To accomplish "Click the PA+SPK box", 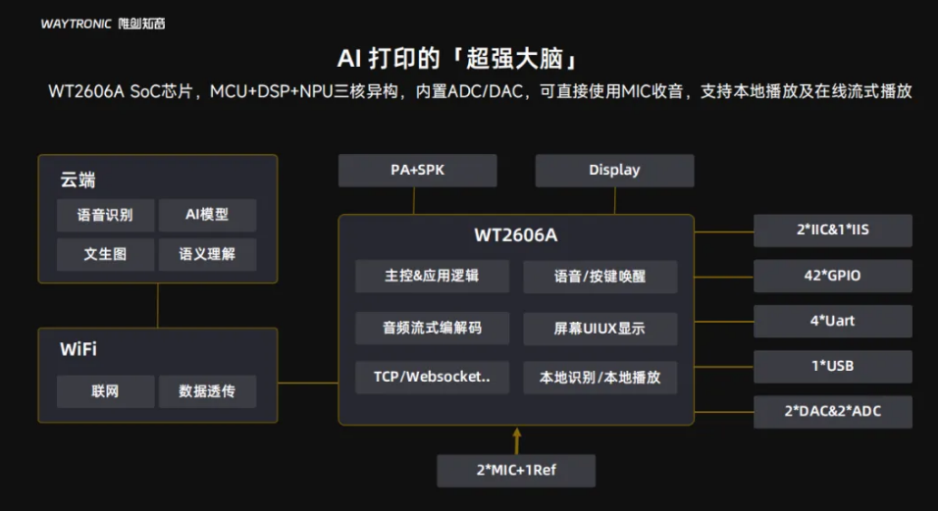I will point(417,171).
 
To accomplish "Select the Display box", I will point(614,171).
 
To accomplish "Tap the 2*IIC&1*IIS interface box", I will point(832,230).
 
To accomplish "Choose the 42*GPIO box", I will point(832,276).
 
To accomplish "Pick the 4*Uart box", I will point(832,321).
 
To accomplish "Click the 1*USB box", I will point(832,366).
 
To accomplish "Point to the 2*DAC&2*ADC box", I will point(832,411).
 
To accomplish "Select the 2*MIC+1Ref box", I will point(516,470).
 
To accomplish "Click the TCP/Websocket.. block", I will point(432,377).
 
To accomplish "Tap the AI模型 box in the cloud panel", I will point(207,215).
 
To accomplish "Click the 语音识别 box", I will point(105,215).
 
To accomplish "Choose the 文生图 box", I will point(105,254).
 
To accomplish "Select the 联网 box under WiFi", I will point(105,391).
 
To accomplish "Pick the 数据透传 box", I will point(207,391).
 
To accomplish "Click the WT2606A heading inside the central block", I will point(516,235).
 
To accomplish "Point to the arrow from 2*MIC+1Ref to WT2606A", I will point(516,438).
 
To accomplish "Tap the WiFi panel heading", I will point(78,350).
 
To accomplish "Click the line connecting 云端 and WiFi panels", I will point(158,305).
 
